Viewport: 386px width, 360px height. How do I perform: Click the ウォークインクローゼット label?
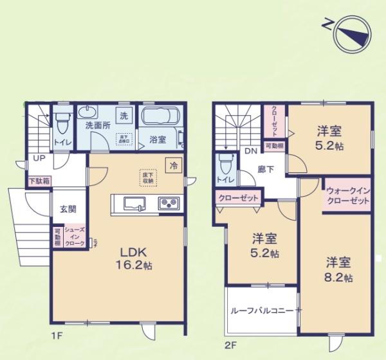[347, 196]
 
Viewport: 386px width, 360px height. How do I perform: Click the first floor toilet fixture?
[62, 122]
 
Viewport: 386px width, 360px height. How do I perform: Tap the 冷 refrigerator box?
[173, 165]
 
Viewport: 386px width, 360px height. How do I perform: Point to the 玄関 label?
[69, 209]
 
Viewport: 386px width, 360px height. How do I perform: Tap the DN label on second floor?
[250, 152]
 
